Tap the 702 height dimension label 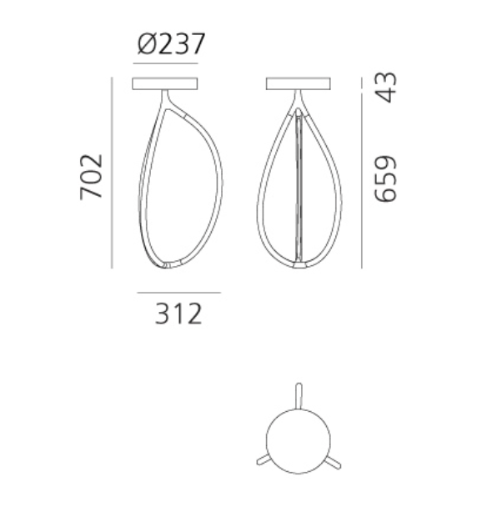click(91, 176)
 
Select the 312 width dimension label click(178, 314)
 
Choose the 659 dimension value click(384, 178)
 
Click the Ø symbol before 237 click(146, 43)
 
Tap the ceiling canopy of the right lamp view click(299, 83)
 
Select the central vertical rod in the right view click(299, 183)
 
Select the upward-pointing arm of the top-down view click(298, 394)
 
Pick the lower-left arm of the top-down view click(263, 459)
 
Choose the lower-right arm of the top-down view click(334, 459)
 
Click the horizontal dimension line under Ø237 click(167, 63)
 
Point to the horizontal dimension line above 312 click(178, 293)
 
